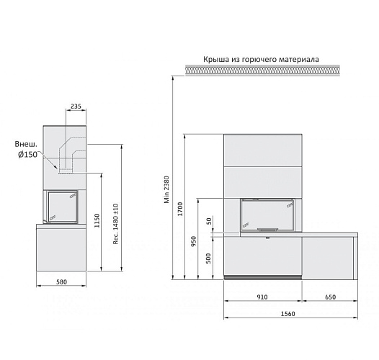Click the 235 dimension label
pyautogui.click(x=76, y=107)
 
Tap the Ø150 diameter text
pyautogui.click(x=27, y=154)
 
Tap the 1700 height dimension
pyautogui.click(x=180, y=210)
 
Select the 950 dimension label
pyautogui.click(x=193, y=241)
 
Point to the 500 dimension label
pyautogui.click(x=209, y=258)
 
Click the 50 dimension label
pyautogui.click(x=209, y=222)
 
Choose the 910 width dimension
pyautogui.click(x=262, y=297)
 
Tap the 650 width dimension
pyautogui.click(x=329, y=297)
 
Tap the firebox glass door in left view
pyautogui.click(x=62, y=207)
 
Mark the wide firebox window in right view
pyautogui.click(x=267, y=215)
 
